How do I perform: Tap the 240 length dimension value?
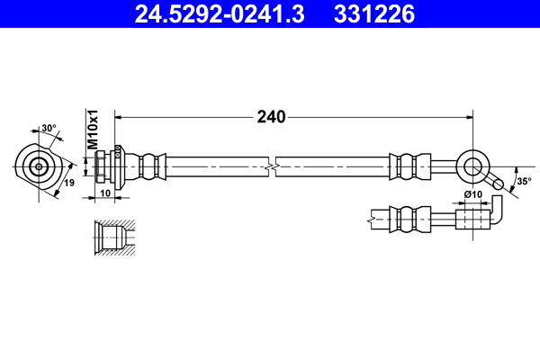271,117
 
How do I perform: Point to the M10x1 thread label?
92,130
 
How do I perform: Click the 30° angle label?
48,128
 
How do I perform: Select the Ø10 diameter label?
473,195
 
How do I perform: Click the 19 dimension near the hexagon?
68,184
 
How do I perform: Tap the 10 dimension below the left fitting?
104,193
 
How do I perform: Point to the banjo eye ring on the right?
472,166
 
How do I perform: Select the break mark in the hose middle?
271,166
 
